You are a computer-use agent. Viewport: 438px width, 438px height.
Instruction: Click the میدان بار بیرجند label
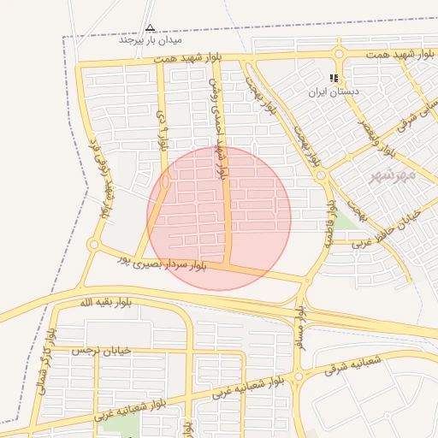(151, 40)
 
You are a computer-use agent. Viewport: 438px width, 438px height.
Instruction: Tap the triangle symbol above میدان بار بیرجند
(151, 27)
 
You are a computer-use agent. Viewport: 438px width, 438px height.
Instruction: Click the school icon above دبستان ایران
(334, 78)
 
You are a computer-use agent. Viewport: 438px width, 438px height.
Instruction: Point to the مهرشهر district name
(393, 175)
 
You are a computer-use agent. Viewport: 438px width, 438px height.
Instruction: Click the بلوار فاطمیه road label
(329, 224)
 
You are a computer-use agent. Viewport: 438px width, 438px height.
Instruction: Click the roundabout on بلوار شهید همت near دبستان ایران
(339, 54)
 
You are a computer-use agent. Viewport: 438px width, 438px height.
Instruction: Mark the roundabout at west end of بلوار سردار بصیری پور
(93, 245)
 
